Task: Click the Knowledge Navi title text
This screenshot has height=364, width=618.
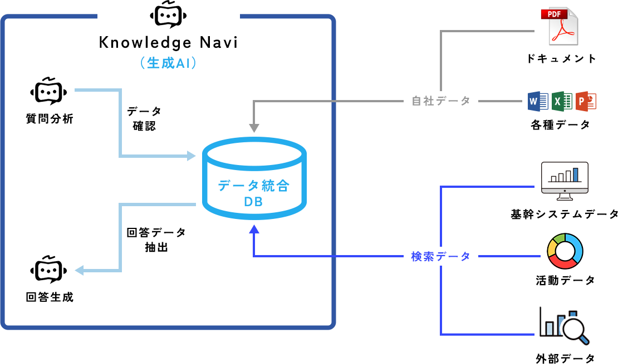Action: coord(168,42)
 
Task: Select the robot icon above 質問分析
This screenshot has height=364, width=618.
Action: coord(49,92)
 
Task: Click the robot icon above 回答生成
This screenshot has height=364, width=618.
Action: coord(49,270)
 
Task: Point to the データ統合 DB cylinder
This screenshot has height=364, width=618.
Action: coord(253,178)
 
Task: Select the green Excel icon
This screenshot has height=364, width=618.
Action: coord(562,101)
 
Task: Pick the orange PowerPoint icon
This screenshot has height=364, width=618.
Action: coord(586,101)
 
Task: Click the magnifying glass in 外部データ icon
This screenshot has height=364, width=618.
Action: coord(576,330)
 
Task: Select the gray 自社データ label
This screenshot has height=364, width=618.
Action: coord(441,101)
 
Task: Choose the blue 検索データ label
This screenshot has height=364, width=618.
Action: coord(441,257)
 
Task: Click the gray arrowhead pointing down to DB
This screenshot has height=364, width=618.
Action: coord(254,127)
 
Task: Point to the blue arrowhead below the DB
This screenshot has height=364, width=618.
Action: coord(254,228)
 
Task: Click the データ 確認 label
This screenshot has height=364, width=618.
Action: coord(144,118)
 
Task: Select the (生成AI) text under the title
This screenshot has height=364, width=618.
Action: coord(168,63)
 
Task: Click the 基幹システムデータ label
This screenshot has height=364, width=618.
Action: coord(564,214)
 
